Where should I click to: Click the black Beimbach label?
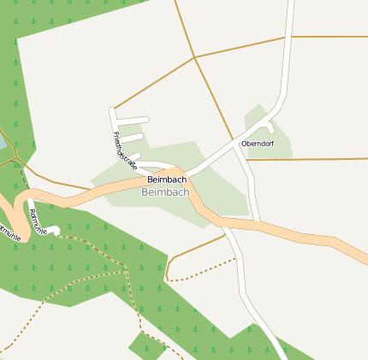point(167,180)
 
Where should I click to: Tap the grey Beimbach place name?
point(163,193)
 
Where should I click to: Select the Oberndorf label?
point(257,143)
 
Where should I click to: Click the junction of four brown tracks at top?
point(195,57)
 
